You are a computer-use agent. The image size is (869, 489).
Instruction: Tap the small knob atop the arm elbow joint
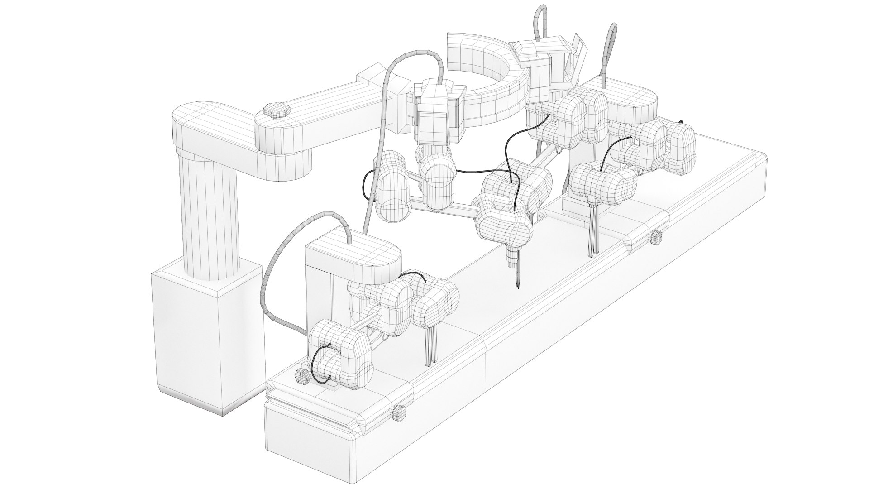click(276, 110)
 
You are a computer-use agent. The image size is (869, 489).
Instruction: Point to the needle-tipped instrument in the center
click(516, 267)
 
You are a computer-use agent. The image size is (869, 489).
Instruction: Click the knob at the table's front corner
click(398, 413)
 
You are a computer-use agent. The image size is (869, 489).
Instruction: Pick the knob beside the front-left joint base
click(302, 375)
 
